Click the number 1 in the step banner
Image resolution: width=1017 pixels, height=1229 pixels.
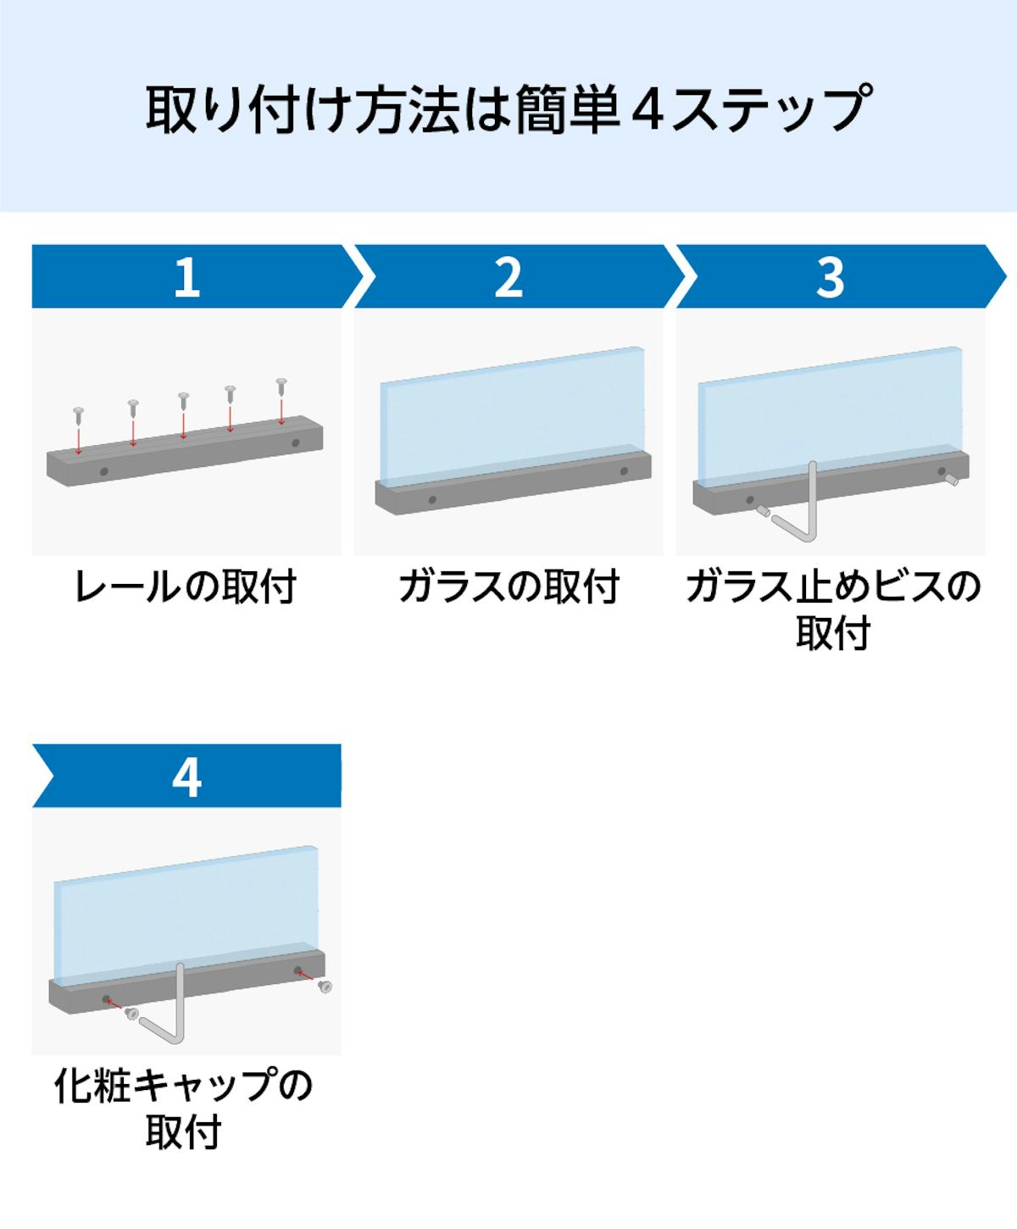186,276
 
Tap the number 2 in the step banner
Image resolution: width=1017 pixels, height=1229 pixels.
508,276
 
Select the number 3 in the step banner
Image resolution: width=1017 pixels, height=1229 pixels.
831,276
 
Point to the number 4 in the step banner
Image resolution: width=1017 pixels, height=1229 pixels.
186,776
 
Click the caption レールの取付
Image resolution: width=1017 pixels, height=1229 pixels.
186,587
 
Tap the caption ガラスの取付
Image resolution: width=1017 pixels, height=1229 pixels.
508,587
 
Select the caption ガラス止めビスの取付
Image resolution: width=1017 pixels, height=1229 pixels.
832,609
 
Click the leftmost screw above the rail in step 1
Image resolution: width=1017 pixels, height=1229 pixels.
79,414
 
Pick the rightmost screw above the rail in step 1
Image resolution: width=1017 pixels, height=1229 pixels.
281,386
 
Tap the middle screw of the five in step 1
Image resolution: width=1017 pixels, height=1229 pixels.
183,399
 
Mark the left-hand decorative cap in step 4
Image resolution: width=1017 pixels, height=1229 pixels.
131,1013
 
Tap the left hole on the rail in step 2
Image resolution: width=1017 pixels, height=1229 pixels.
432,500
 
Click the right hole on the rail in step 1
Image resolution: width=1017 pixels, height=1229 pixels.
295,442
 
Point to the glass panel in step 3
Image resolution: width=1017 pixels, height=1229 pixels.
831,415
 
